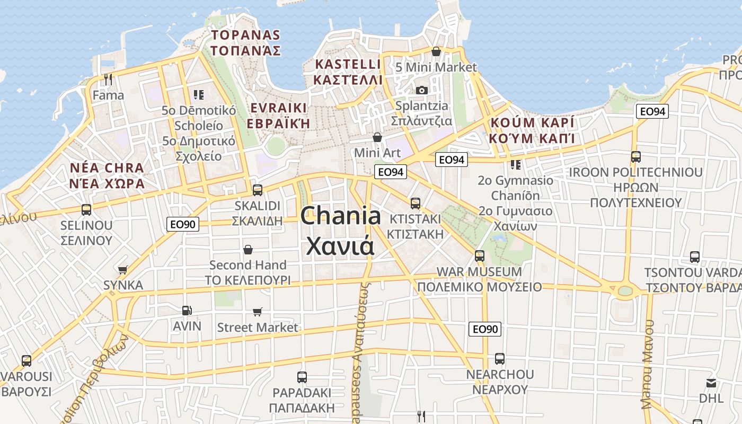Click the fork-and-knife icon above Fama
tap(108, 79)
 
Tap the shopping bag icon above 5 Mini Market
tap(436, 51)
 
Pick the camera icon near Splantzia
tap(422, 90)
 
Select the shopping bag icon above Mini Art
tap(377, 137)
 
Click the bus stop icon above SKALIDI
tap(258, 190)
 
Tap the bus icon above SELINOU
tap(86, 209)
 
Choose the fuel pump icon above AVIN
tap(187, 311)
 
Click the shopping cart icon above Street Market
tap(258, 312)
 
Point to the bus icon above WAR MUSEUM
tap(480, 255)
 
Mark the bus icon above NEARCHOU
tap(500, 358)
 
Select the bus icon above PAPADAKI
tap(302, 377)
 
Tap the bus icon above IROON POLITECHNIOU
tap(636, 157)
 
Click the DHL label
tap(711, 397)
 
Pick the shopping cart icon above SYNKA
tap(123, 270)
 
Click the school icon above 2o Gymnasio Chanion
tap(515, 165)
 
